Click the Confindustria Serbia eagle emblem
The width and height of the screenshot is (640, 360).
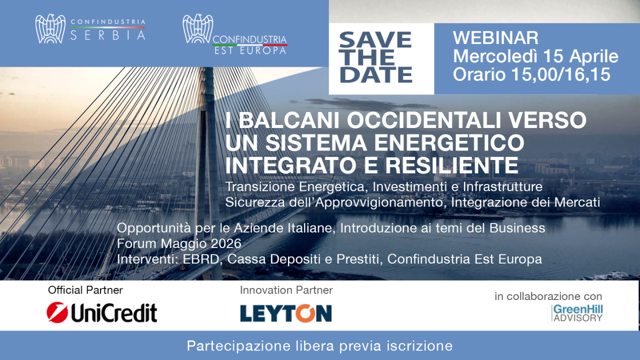tap(50, 29)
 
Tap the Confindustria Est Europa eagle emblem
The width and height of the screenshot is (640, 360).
tap(198, 29)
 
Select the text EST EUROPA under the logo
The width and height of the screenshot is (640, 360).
tap(249, 50)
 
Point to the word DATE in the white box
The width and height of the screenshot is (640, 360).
tap(375, 75)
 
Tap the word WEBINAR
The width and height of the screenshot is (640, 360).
tap(495, 37)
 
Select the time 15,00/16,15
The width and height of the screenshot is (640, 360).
tap(561, 74)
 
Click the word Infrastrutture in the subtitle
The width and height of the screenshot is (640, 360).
tap(502, 186)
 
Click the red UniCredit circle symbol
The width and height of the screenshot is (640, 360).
tap(57, 312)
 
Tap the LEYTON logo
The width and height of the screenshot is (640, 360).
tap(285, 313)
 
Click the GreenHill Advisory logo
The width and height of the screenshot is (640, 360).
tap(577, 313)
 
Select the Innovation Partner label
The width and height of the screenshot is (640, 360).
tap(286, 290)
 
